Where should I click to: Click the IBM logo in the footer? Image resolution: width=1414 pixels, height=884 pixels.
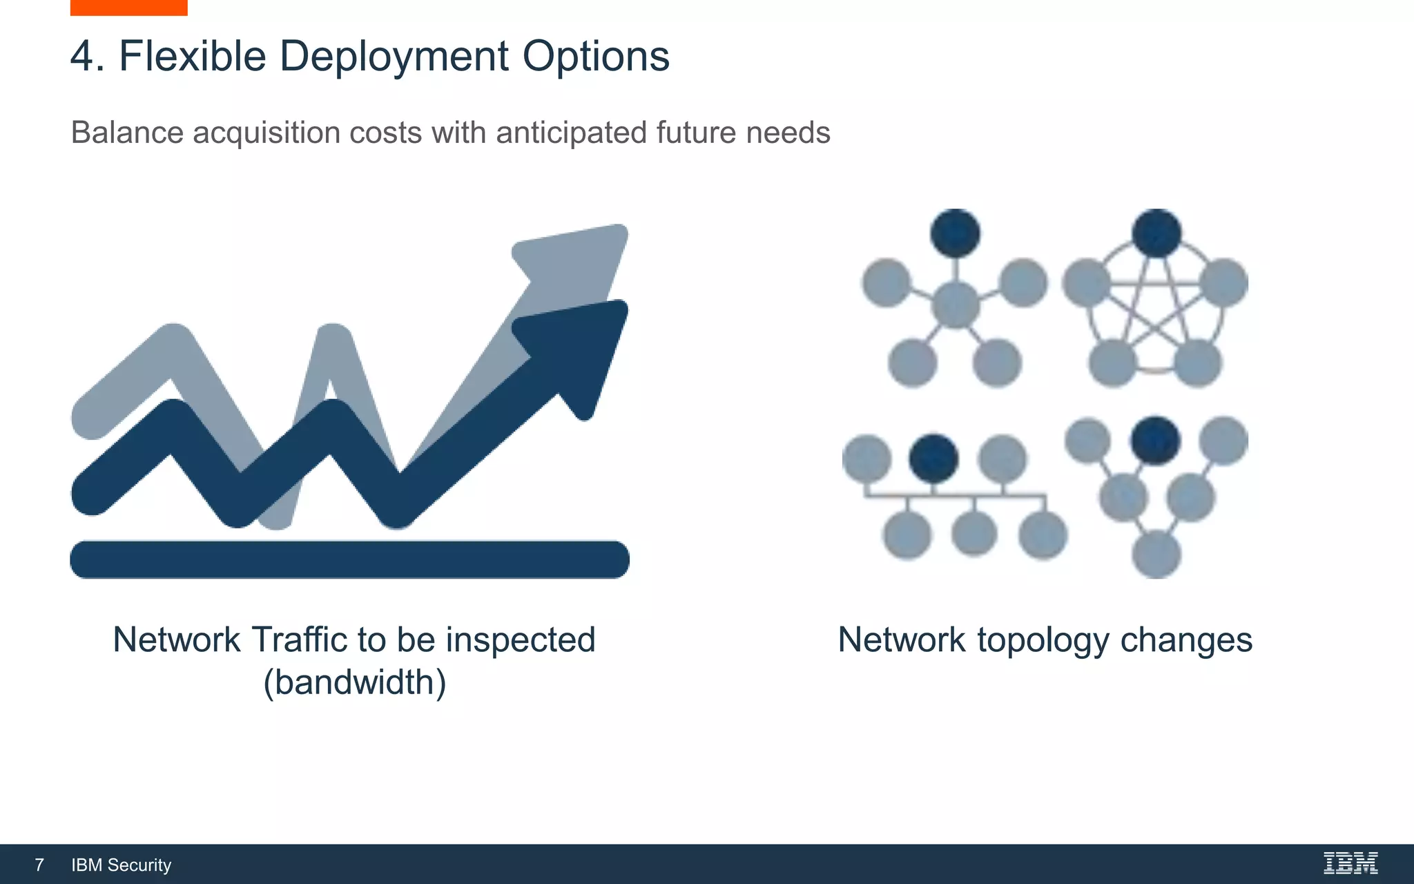(x=1350, y=863)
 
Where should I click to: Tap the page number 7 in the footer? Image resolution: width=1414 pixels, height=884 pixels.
(x=39, y=865)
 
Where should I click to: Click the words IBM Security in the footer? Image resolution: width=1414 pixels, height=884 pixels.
(x=121, y=865)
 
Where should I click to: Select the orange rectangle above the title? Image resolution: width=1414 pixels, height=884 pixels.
(x=128, y=7)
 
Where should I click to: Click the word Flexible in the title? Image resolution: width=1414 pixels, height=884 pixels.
(x=192, y=56)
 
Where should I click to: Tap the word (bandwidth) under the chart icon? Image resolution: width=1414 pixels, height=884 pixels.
(x=354, y=682)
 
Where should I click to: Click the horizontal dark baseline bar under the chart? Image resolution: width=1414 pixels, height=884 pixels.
(x=349, y=559)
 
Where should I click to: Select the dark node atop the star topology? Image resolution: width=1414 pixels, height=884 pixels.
(x=955, y=233)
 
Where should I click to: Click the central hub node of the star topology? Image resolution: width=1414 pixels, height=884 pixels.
(x=956, y=305)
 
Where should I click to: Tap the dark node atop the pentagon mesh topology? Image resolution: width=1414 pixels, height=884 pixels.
(x=1156, y=233)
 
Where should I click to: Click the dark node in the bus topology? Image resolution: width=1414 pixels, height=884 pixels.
(x=933, y=459)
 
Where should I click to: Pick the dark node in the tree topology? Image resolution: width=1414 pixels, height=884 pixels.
(x=1155, y=441)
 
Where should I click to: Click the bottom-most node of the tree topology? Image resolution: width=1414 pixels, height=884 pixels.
(x=1156, y=555)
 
